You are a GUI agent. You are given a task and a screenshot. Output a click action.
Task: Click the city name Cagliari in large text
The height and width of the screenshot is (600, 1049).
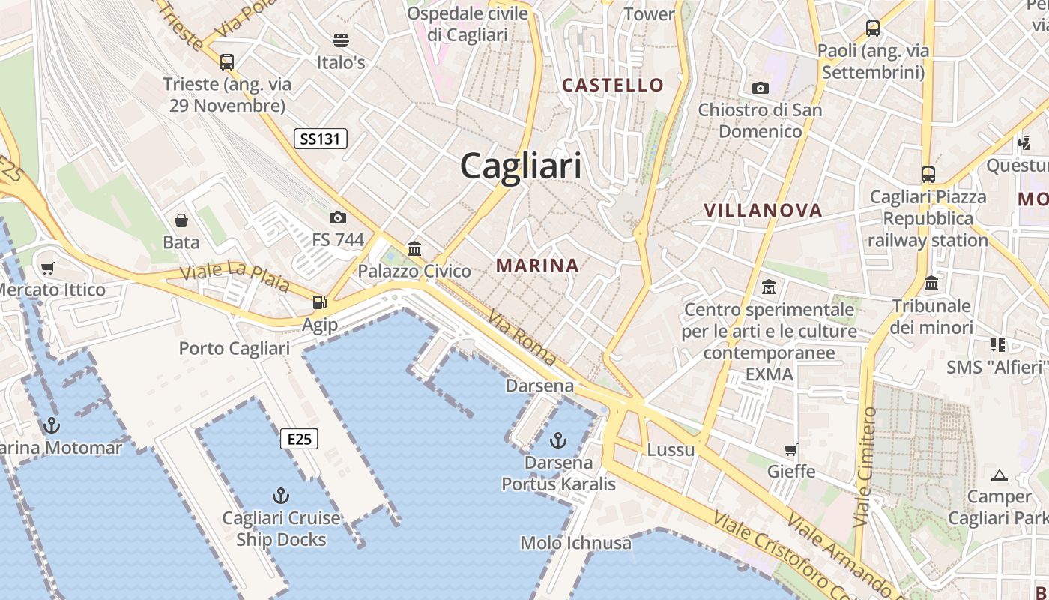point(521,166)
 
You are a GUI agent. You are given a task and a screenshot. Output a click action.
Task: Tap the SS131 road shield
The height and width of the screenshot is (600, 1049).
point(320,139)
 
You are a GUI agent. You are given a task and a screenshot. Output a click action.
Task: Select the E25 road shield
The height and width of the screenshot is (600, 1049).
point(299,439)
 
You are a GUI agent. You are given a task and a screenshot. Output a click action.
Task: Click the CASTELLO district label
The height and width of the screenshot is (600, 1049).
point(613,85)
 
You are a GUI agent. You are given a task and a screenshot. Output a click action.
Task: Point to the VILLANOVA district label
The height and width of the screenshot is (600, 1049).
point(763,211)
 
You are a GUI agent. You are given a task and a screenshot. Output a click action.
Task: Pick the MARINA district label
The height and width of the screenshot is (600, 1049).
point(537,265)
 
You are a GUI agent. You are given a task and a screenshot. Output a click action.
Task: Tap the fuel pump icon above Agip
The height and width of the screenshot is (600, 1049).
point(320,302)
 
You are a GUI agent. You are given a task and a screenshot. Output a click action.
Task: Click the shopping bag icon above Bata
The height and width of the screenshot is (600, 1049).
point(181,220)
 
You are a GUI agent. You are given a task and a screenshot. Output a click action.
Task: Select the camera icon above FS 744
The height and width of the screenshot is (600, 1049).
point(338,218)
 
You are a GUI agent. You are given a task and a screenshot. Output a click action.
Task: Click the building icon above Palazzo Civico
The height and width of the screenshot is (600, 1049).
point(414,248)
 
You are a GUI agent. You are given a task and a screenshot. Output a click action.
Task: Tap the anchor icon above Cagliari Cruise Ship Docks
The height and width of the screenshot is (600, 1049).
point(280,496)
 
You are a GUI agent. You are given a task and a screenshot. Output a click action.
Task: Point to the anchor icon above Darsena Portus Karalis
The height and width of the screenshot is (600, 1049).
point(558,439)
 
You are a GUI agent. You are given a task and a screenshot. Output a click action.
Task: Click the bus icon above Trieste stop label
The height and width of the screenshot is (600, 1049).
point(227,61)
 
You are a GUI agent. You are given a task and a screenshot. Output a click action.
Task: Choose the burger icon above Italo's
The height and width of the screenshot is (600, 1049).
point(341,40)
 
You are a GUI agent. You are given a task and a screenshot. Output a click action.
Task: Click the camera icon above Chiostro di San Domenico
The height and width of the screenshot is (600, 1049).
point(761,88)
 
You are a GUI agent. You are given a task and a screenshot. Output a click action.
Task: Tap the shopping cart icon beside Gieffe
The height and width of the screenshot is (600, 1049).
point(790,450)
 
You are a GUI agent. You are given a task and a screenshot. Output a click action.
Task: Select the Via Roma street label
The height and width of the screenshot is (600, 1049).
point(522,339)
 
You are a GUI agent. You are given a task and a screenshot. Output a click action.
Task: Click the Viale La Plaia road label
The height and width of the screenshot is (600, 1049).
point(235,277)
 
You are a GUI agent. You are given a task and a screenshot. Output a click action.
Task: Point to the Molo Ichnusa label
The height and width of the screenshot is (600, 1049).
point(575,542)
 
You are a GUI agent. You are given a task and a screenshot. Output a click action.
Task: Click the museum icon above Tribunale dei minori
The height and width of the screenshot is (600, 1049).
point(931,283)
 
